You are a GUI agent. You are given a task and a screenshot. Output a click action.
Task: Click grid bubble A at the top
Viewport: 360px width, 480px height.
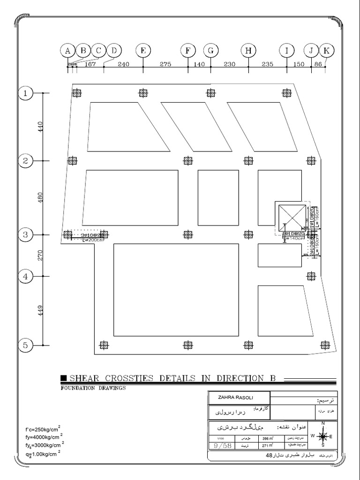tap(67, 51)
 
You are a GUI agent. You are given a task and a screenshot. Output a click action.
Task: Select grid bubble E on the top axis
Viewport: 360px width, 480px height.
tap(143, 51)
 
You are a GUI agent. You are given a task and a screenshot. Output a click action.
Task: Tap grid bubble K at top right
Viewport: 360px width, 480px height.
tap(327, 51)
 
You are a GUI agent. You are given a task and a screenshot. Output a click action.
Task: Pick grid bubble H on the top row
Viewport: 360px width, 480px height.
tap(248, 51)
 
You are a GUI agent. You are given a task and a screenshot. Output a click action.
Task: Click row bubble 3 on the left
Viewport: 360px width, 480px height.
tap(25, 234)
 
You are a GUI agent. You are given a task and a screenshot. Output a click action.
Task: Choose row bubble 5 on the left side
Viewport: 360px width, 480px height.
tap(25, 345)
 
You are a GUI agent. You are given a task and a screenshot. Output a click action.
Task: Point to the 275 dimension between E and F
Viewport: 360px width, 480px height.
tap(165, 65)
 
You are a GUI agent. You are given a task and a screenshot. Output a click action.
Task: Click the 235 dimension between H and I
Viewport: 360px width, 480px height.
tap(267, 65)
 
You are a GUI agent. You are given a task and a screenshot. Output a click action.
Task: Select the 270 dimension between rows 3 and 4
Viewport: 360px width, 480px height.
tap(40, 255)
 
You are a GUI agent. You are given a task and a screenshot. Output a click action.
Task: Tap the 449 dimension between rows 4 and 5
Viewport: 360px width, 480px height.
tap(40, 310)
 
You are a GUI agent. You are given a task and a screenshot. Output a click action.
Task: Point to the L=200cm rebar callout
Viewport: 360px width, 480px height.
tap(92, 240)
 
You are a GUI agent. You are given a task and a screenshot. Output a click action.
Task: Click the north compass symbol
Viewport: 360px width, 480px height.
tap(323, 436)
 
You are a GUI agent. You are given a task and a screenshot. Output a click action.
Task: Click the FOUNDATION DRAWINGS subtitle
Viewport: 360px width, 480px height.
tap(93, 388)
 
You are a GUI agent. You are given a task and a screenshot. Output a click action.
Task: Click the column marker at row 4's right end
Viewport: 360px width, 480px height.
tap(310, 276)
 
